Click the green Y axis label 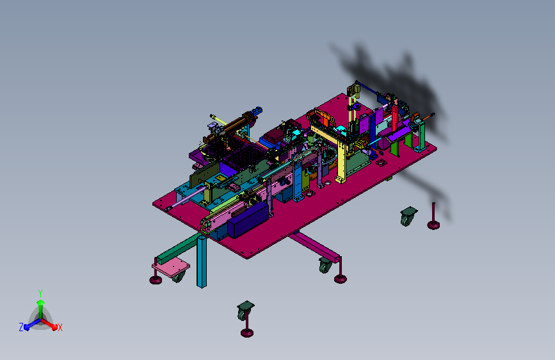40,293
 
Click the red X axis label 60,328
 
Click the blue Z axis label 21,327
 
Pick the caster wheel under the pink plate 179,277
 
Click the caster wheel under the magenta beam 325,265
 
